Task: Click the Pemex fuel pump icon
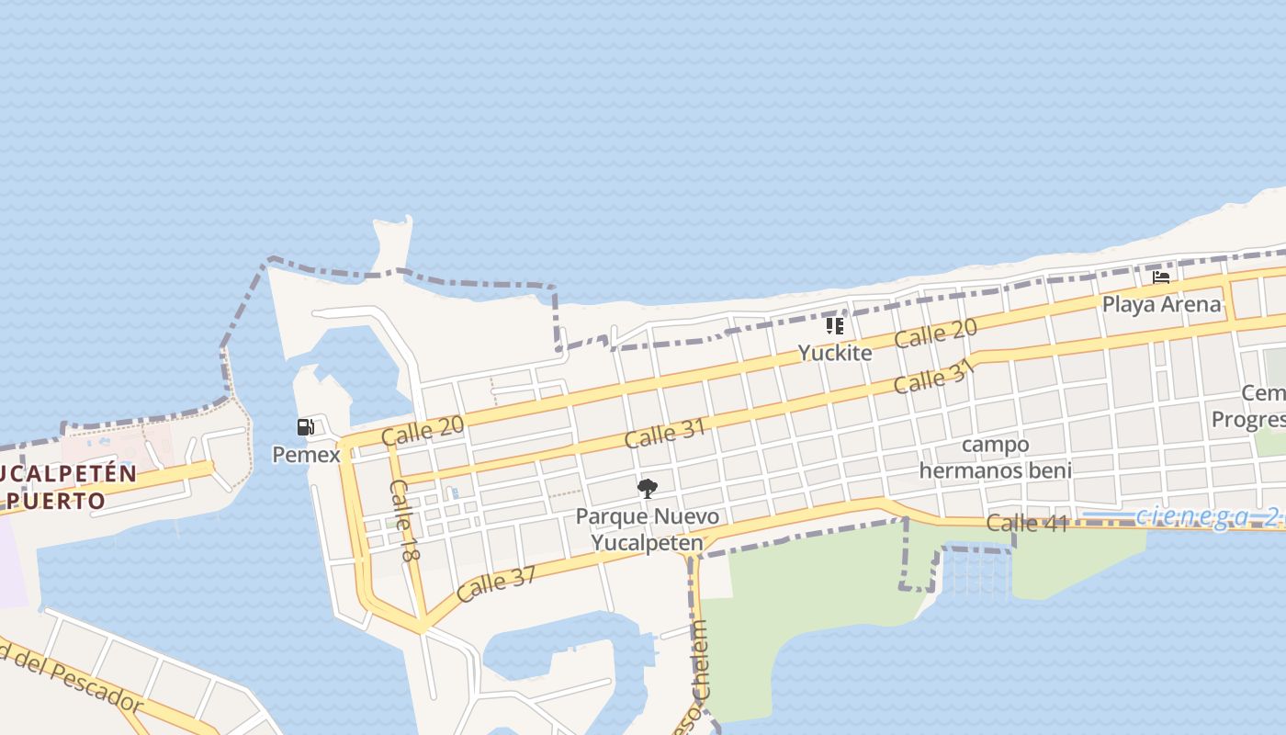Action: click(306, 427)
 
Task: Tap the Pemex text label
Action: click(306, 454)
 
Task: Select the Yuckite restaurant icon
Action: click(834, 326)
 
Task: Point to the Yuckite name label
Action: click(834, 352)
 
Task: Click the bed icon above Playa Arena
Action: click(1161, 277)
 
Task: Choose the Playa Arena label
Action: click(1161, 304)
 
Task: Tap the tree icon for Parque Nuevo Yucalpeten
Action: click(647, 488)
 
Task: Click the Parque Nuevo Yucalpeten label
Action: click(647, 529)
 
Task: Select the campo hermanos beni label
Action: click(995, 458)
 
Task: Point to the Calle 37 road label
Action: click(496, 583)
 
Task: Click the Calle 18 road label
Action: click(404, 521)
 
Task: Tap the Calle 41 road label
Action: click(1027, 524)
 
